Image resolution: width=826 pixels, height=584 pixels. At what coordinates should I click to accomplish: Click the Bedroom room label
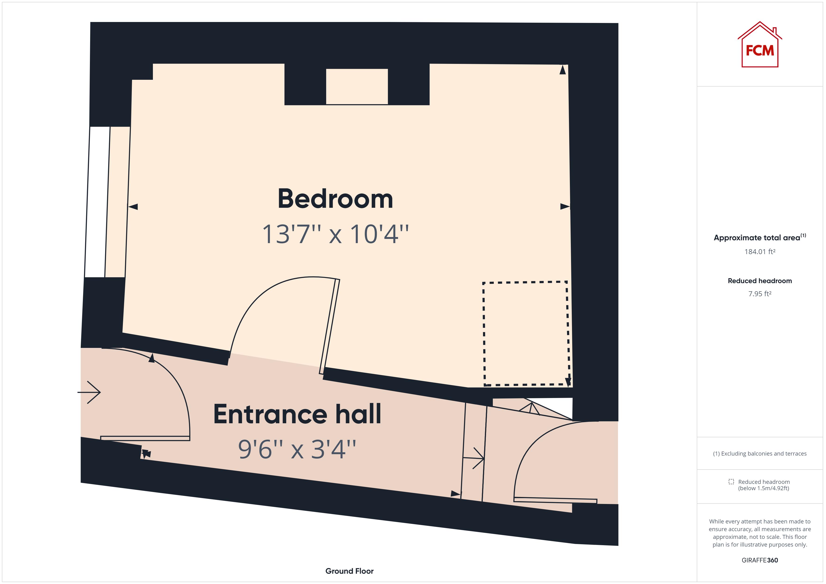[335, 199]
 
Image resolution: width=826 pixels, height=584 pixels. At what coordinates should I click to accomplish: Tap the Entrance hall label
[297, 414]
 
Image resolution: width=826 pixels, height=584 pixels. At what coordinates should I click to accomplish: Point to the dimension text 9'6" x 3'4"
[297, 449]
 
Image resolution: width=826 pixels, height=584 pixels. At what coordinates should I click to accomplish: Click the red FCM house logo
[760, 46]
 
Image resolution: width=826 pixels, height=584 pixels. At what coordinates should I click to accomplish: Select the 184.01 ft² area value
[760, 252]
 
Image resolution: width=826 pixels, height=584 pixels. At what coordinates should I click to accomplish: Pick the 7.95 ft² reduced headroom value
[760, 294]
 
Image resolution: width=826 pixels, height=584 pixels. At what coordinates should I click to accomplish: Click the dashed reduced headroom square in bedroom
[526, 333]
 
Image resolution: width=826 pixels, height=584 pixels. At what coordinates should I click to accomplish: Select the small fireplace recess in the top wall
[357, 86]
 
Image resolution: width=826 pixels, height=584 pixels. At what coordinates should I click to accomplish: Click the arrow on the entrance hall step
[474, 458]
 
